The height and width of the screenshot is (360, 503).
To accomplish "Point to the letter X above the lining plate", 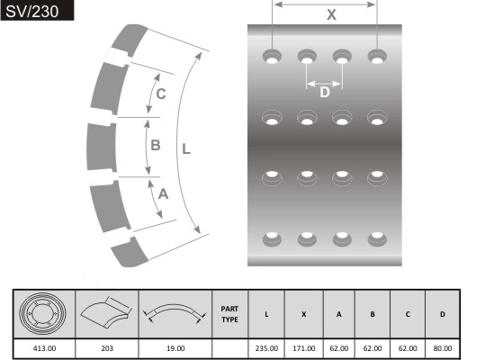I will (331, 14).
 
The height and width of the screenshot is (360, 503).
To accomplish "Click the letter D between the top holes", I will (325, 90).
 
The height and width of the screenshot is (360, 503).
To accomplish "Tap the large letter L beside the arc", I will (186, 150).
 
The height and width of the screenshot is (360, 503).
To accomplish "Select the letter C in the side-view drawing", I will (160, 94).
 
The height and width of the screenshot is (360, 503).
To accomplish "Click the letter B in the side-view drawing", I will (155, 144).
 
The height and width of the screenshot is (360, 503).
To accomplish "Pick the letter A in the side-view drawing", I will (163, 193).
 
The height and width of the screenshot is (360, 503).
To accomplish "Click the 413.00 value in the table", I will (44, 347).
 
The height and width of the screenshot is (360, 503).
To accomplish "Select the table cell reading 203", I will (106, 347).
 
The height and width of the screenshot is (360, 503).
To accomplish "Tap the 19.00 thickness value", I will (175, 347).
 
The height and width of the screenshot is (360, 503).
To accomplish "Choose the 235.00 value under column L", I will (267, 347).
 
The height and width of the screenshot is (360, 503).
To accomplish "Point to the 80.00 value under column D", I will (442, 347).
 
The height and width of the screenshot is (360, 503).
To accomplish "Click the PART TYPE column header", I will (229, 314).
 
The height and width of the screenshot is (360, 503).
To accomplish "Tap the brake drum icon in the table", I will (44, 313).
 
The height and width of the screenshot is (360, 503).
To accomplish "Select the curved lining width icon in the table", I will (106, 313).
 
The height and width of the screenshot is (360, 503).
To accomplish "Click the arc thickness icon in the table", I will (175, 313).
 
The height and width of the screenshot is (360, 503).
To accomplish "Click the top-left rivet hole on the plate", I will (272, 57).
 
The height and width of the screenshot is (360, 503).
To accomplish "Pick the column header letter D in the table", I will (442, 314).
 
